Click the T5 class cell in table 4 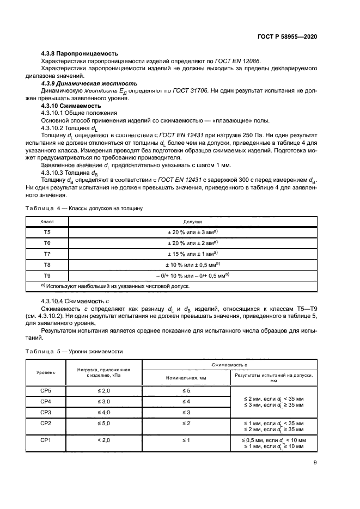tap(47, 232)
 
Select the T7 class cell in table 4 tap(47, 253)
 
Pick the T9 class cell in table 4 tap(47, 275)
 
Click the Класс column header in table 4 tap(47, 222)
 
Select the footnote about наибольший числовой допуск tap(118, 285)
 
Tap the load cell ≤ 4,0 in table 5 tap(103, 412)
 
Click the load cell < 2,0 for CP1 tap(103, 440)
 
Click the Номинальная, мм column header tap(186, 377)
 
